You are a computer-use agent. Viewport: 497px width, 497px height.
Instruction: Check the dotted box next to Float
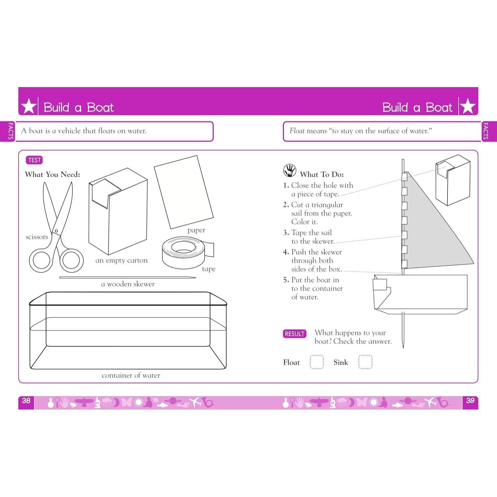316,362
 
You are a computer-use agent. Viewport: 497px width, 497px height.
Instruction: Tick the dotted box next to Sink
365,362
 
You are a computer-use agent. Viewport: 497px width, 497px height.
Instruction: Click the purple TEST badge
34,160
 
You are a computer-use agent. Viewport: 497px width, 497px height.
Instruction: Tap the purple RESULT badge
294,334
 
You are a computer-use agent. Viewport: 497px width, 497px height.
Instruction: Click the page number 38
26,401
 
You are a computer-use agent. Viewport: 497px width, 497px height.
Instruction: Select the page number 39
470,401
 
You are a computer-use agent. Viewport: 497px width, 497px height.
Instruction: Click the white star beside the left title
29,106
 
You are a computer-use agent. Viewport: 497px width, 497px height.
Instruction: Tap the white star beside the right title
468,106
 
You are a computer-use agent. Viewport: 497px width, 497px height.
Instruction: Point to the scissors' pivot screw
56,230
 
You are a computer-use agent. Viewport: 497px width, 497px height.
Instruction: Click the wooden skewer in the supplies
128,278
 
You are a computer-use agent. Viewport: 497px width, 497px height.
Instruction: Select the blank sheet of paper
184,192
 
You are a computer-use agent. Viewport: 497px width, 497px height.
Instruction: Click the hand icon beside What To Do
289,170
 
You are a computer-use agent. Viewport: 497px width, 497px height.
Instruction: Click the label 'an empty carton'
121,260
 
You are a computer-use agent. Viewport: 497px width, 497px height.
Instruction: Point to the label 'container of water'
131,375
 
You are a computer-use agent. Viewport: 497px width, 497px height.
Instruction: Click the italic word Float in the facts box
297,131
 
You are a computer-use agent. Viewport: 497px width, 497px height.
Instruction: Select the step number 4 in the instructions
285,252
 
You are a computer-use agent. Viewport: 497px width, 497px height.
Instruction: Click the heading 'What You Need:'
53,175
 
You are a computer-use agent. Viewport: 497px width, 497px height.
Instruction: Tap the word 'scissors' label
37,237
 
